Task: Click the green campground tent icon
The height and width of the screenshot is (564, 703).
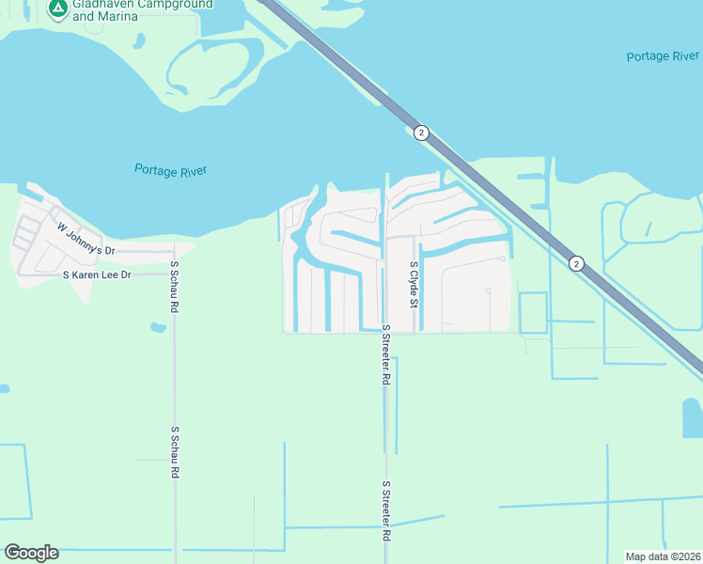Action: (x=57, y=8)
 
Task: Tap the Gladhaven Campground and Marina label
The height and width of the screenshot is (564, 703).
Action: (x=131, y=9)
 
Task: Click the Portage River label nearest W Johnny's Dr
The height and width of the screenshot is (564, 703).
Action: (x=170, y=170)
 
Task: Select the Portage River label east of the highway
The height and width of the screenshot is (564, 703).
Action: (x=663, y=56)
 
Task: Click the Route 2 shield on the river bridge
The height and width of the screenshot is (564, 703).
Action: (x=421, y=133)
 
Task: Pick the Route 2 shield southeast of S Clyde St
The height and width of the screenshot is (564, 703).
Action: (x=576, y=264)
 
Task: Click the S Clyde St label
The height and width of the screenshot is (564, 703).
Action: (x=413, y=284)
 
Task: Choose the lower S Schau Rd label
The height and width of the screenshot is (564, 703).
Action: (x=175, y=452)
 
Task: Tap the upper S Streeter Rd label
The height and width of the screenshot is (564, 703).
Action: (x=385, y=354)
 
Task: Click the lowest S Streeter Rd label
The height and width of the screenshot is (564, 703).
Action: (x=385, y=510)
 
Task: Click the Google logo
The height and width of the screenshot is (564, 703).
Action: (x=31, y=553)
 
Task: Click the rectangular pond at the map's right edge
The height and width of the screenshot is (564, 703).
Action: (x=692, y=417)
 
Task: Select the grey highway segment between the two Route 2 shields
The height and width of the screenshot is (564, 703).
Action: (x=498, y=198)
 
